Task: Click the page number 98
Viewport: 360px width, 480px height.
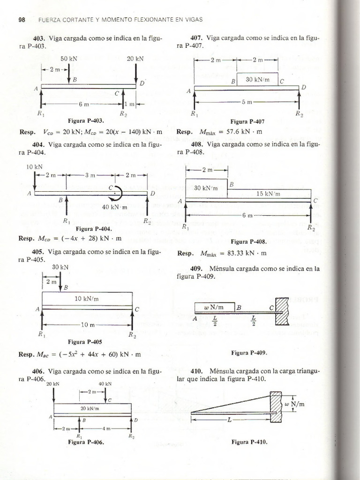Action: pyautogui.click(x=21, y=19)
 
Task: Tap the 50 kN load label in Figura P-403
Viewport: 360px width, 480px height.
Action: pyautogui.click(x=69, y=59)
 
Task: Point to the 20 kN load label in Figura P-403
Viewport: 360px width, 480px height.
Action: pyautogui.click(x=135, y=59)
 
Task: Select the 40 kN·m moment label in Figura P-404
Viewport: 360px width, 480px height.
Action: pyautogui.click(x=112, y=207)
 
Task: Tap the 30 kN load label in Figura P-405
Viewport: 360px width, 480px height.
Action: pyautogui.click(x=60, y=267)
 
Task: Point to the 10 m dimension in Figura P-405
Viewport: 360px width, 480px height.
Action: pyautogui.click(x=88, y=324)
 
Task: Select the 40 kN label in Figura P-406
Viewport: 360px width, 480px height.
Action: pyautogui.click(x=105, y=383)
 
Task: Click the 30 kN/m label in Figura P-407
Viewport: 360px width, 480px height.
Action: pyautogui.click(x=257, y=79)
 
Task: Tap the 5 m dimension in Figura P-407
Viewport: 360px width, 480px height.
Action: pyautogui.click(x=247, y=102)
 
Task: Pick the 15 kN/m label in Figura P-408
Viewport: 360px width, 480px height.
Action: pyautogui.click(x=269, y=193)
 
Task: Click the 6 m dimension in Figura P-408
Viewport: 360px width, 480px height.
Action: pyautogui.click(x=248, y=216)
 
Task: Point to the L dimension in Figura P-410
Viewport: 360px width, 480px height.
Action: pyautogui.click(x=229, y=420)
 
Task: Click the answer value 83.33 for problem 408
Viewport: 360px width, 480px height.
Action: pyautogui.click(x=243, y=254)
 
